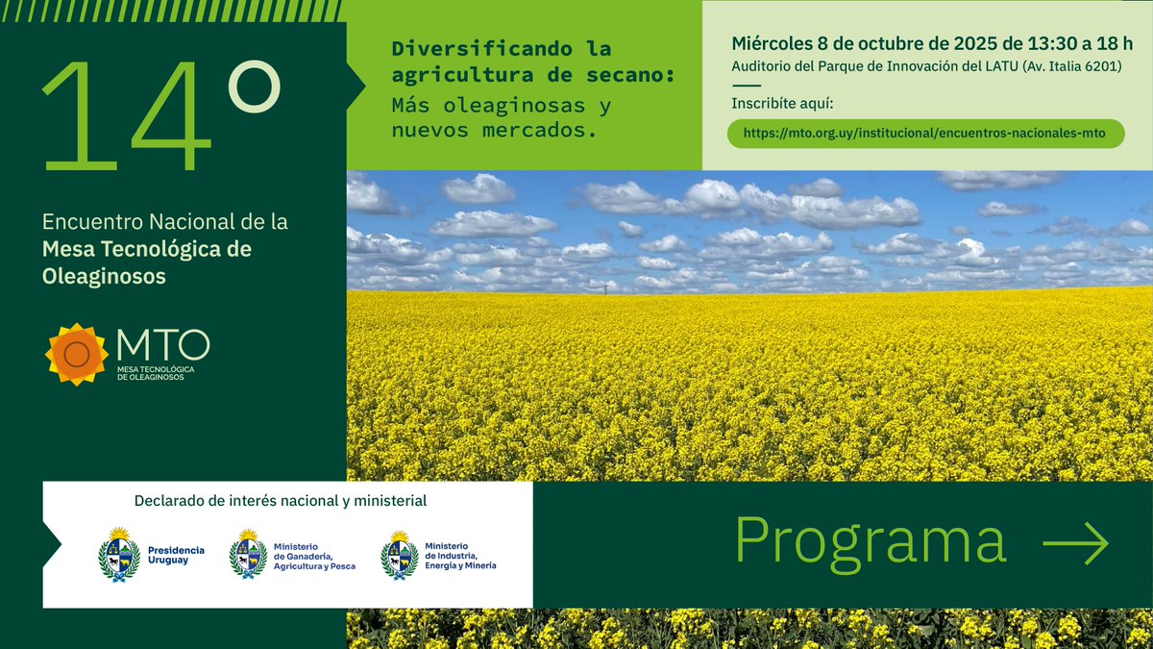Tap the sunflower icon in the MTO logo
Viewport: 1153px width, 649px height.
[77, 355]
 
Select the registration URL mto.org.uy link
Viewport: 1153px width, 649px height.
[925, 133]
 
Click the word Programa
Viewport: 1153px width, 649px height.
[871, 541]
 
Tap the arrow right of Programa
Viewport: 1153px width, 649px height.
[1075, 544]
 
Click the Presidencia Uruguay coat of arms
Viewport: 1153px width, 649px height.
[119, 555]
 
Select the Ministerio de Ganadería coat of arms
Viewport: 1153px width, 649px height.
[248, 555]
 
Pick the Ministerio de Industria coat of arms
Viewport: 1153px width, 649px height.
[399, 555]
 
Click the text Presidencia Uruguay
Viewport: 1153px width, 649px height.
[175, 555]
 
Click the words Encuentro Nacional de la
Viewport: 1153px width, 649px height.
[164, 222]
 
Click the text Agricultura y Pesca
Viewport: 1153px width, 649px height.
[314, 566]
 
